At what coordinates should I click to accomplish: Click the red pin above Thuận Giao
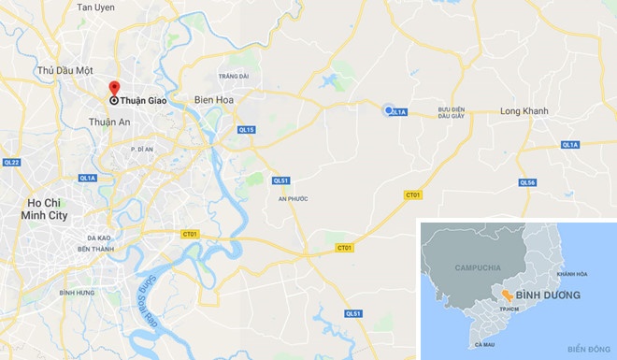click(114, 90)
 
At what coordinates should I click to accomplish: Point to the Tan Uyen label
click(95, 7)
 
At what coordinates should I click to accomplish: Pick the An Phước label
click(293, 198)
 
